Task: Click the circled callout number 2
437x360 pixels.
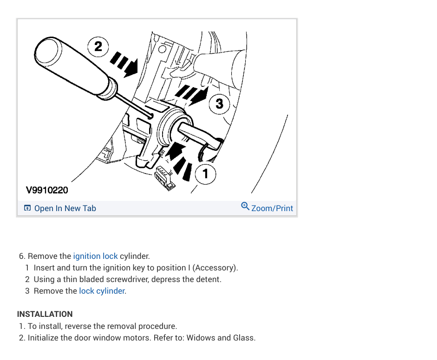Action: click(x=98, y=46)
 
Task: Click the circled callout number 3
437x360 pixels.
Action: click(x=219, y=103)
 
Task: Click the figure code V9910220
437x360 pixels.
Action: click(x=46, y=190)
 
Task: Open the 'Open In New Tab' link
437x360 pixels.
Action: click(x=65, y=208)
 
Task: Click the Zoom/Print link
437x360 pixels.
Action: click(x=272, y=208)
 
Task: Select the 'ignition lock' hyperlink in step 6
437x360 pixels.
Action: click(x=95, y=256)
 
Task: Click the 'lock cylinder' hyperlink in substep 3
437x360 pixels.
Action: click(x=102, y=291)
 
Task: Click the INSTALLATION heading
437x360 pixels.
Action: click(x=45, y=314)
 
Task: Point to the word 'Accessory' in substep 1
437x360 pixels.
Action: click(x=215, y=268)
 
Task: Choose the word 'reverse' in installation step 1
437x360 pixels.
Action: click(x=78, y=326)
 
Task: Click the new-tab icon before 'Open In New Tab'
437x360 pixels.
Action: click(x=27, y=208)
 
